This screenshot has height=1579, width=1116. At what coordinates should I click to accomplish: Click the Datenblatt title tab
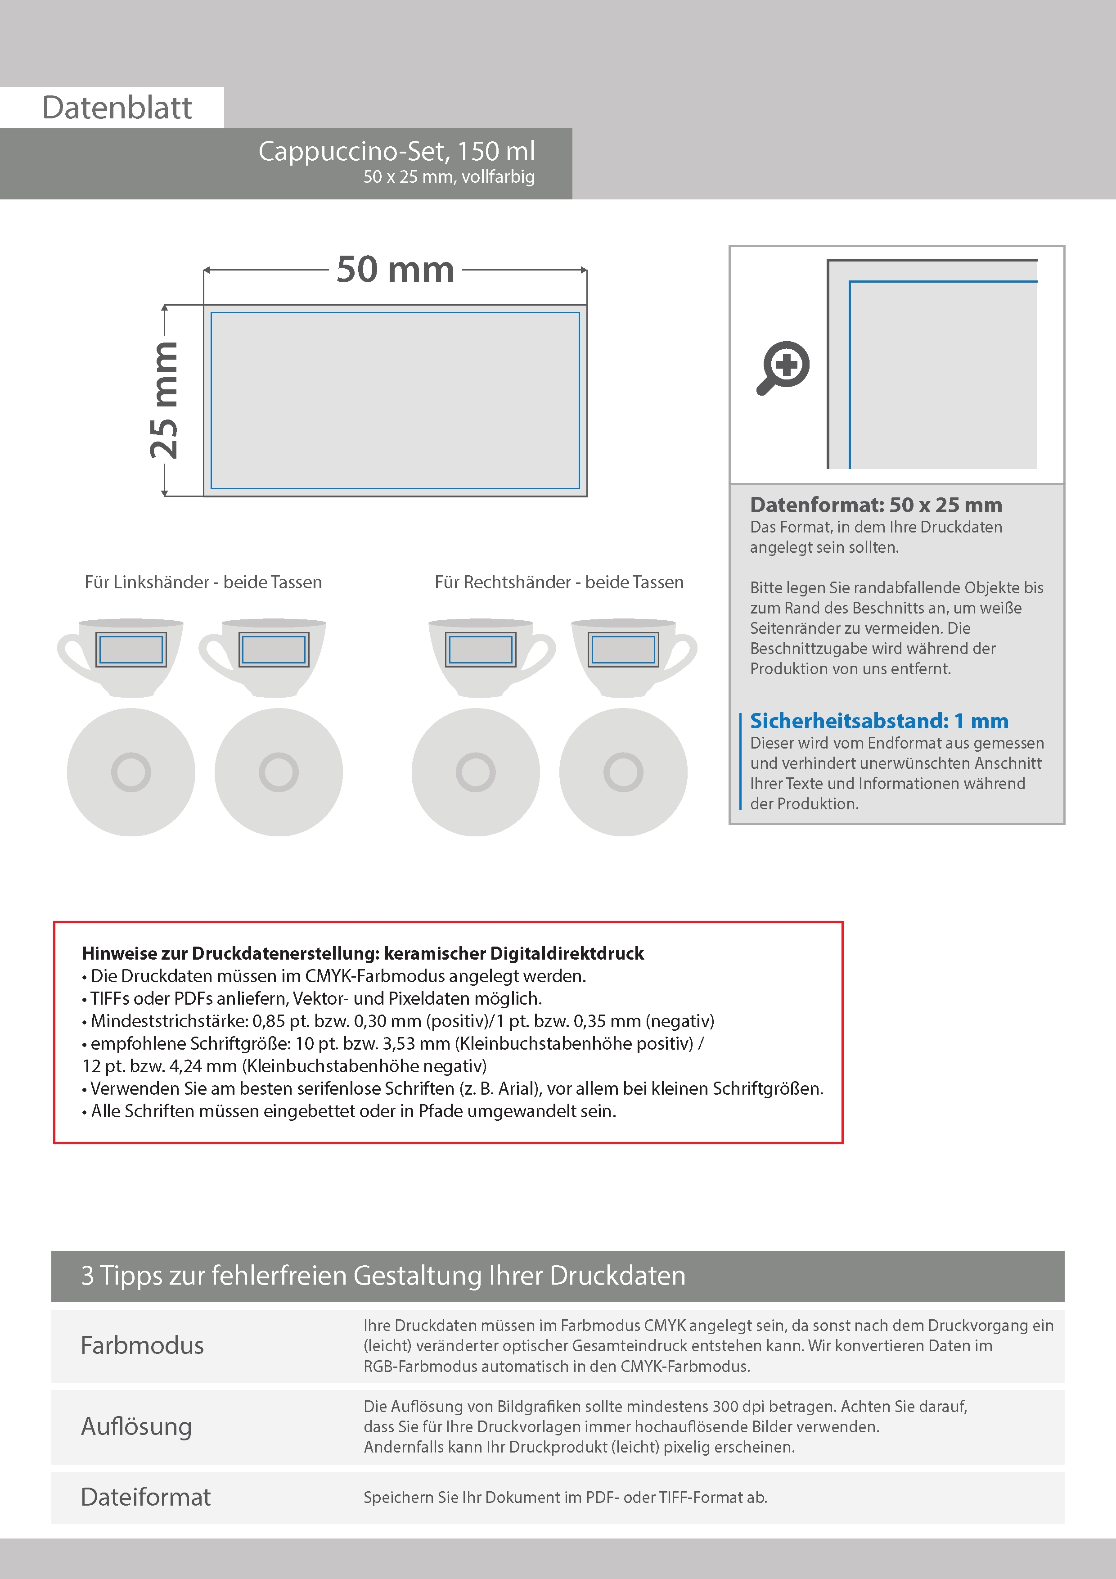(x=117, y=107)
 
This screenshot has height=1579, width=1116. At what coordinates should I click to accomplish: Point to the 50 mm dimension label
(x=396, y=270)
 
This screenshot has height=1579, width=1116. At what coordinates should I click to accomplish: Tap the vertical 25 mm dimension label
(x=165, y=400)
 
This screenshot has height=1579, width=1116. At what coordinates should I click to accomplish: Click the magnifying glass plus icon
(x=784, y=366)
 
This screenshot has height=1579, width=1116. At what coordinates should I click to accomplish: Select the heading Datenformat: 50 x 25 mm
(x=875, y=505)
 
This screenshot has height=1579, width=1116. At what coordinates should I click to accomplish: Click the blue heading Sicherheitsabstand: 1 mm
(x=879, y=721)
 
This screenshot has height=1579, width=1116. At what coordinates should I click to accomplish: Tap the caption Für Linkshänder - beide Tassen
(x=203, y=582)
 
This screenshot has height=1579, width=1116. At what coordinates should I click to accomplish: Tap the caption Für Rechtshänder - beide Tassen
(x=558, y=582)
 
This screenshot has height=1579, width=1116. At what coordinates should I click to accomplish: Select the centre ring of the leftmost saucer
(x=130, y=771)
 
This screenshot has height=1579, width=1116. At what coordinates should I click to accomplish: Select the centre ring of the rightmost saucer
(x=623, y=771)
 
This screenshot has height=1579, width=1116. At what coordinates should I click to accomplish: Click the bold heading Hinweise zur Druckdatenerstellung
(x=362, y=953)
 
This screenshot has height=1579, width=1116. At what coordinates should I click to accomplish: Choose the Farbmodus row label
(x=142, y=1345)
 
